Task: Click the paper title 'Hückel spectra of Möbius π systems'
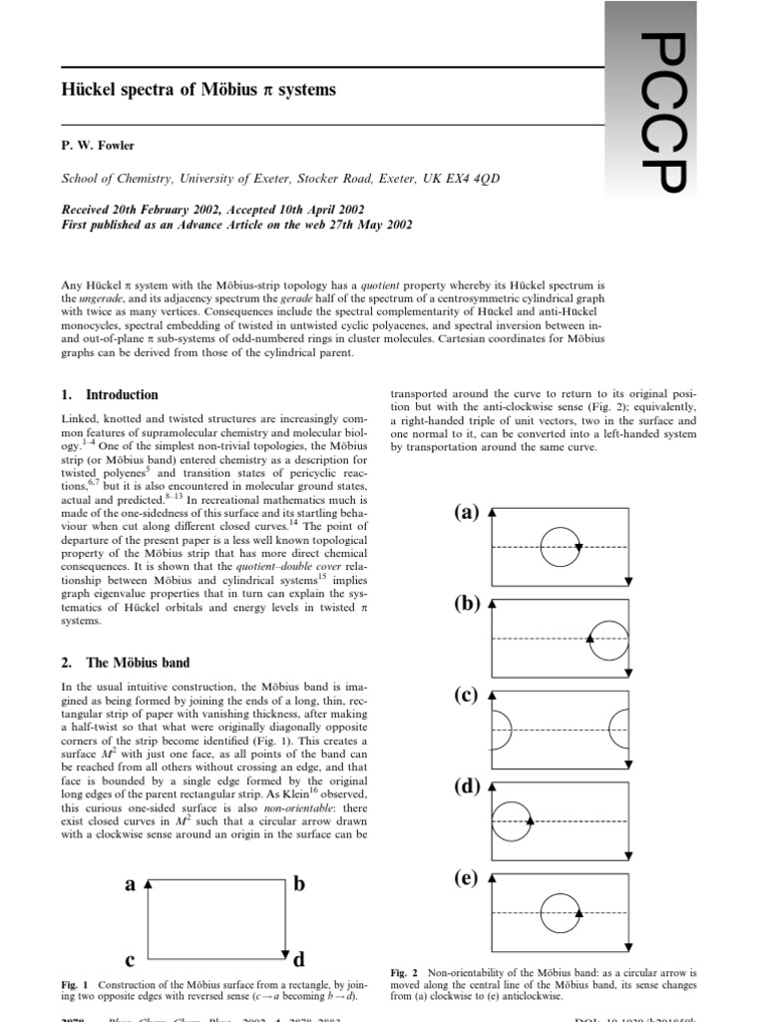pos(199,90)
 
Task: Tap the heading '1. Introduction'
pos(110,394)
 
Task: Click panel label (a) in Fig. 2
pos(467,513)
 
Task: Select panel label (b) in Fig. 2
pos(467,604)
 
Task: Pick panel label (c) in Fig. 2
pos(467,696)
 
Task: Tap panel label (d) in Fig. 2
pos(467,786)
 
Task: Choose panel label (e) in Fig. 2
pos(467,878)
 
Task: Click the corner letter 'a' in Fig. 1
pos(130,883)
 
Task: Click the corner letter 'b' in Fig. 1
pos(299,883)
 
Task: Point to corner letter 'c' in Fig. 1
pos(130,960)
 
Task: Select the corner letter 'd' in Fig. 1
pos(299,961)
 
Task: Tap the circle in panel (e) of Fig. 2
pos(560,913)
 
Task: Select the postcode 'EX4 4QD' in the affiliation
pos(471,179)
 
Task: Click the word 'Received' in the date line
pos(92,210)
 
